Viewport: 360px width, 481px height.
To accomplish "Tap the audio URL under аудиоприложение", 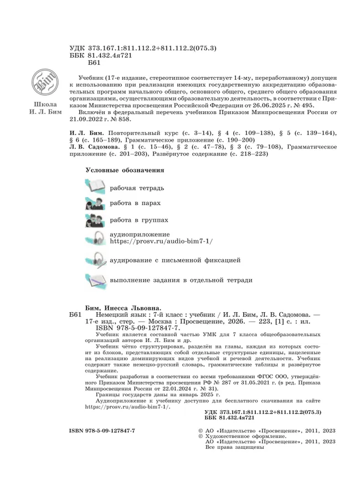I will click(161, 242).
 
